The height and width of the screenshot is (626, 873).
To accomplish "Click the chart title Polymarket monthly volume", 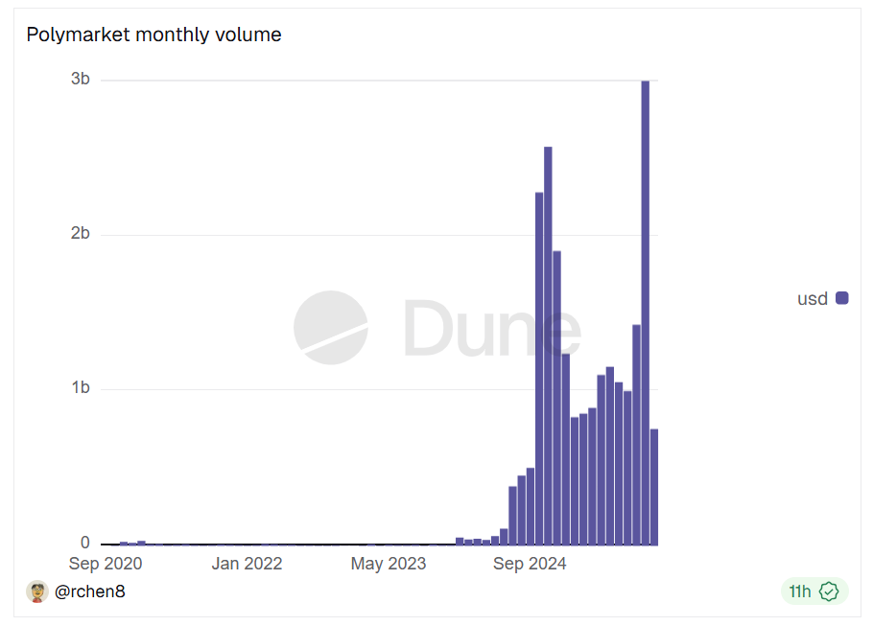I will click(x=153, y=35).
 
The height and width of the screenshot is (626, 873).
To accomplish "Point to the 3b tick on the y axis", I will click(x=81, y=80).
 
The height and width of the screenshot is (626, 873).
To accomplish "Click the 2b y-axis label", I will click(x=81, y=234).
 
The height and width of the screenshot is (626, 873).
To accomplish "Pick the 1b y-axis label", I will click(x=81, y=388).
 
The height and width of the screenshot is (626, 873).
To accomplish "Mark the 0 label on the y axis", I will click(x=85, y=544).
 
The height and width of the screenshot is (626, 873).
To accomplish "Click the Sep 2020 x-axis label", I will click(x=106, y=564).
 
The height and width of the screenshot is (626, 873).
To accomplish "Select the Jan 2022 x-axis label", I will click(x=247, y=564).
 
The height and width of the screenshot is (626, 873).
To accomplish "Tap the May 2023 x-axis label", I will click(x=388, y=564).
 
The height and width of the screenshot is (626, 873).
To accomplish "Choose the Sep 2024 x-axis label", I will click(x=530, y=564).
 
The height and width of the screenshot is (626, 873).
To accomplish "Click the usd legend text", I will click(x=813, y=299).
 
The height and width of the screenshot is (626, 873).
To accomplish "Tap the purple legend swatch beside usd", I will click(x=842, y=298).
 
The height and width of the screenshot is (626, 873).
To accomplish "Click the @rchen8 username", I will click(x=90, y=591).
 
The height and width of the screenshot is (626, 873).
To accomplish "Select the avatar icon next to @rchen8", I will click(x=37, y=591).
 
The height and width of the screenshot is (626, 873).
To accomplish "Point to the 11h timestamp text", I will click(x=799, y=591).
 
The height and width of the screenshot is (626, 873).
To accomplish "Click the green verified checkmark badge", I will click(x=829, y=591).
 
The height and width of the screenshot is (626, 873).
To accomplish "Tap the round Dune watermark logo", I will click(x=331, y=328).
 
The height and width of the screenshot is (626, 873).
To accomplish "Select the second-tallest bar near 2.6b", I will click(x=548, y=345).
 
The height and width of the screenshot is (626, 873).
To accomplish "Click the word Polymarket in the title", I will click(x=78, y=35).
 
